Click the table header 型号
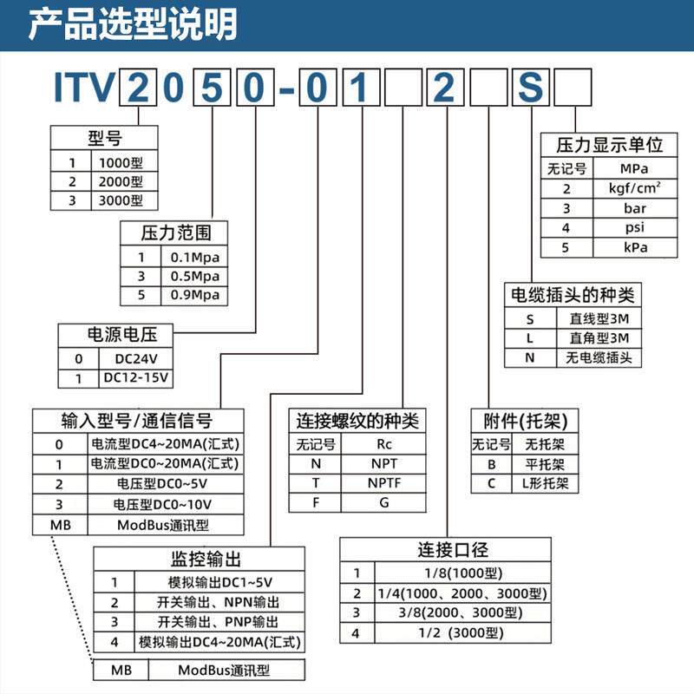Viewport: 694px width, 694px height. click(104, 137)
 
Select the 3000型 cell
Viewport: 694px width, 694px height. click(121, 200)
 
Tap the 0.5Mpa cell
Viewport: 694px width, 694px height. click(193, 276)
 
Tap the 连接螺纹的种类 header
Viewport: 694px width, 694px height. click(357, 422)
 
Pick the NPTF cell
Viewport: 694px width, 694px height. click(383, 482)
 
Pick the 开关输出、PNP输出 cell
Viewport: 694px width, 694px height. click(219, 622)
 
